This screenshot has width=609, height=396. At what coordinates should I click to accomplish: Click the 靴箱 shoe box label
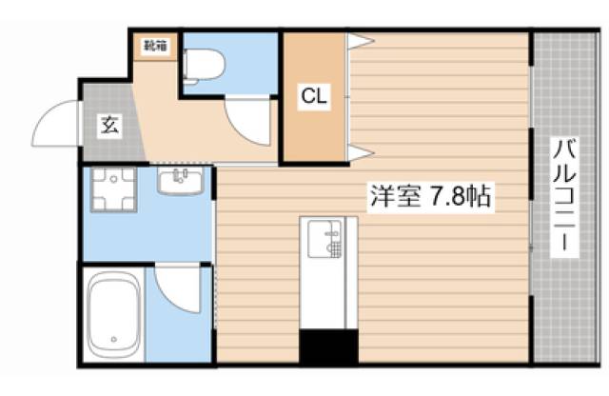click(156, 45)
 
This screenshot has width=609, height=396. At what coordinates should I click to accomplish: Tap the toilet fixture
click(203, 65)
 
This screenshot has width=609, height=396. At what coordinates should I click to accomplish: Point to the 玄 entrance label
click(108, 125)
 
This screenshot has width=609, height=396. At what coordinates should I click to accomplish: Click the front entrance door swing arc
click(54, 120)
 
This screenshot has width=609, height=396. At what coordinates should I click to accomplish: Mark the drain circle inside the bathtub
click(114, 339)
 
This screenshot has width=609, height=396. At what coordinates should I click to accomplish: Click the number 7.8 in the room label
click(447, 198)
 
